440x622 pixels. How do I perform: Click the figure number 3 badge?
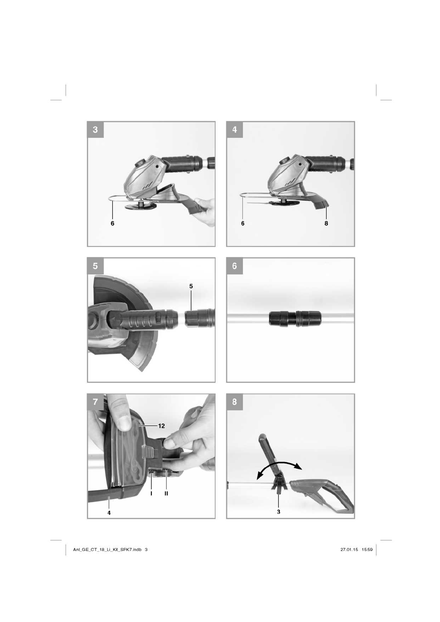coord(95,130)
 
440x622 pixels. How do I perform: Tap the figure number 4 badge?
coord(234,130)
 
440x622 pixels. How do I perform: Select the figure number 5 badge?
coord(95,266)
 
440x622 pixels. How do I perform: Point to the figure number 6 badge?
coord(234,266)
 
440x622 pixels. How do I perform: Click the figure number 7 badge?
coord(95,402)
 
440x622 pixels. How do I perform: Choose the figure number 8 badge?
coord(234,402)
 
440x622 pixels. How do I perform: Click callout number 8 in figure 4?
coord(326,223)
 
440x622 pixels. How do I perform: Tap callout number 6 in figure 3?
coord(112,223)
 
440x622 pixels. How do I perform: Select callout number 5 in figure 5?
coord(191,286)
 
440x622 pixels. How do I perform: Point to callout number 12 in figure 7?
coord(162,426)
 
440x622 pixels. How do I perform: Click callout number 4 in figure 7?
coord(109,513)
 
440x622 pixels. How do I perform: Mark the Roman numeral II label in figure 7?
coord(166,493)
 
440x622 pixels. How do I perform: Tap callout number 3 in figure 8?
coord(278,512)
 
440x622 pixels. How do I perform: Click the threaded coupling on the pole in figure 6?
coord(295,318)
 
